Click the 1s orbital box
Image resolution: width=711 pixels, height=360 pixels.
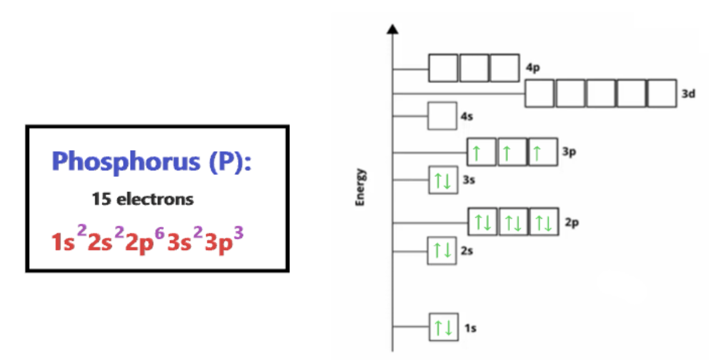point(443,327)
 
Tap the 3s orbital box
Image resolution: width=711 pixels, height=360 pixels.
point(443,181)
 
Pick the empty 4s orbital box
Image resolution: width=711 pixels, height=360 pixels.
point(442,116)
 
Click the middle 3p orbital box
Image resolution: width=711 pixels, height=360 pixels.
point(512,152)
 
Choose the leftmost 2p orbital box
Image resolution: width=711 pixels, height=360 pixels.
point(483,222)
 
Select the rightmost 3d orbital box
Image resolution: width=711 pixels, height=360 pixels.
point(662,93)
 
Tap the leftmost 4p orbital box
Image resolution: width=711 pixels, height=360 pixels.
point(443,67)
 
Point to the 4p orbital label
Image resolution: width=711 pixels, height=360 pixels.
point(532,68)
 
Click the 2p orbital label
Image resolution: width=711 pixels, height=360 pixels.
point(572,223)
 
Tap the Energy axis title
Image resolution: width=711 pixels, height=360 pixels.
point(360,187)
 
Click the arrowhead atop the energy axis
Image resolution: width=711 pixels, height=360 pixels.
point(392,29)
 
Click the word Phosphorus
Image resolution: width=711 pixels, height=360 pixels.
point(125,162)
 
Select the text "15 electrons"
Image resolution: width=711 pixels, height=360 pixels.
point(142,199)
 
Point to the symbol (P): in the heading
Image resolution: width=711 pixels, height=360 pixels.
point(229,162)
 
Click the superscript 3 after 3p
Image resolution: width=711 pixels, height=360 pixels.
point(237,232)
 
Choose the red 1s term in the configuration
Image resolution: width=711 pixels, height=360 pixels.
point(64,242)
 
